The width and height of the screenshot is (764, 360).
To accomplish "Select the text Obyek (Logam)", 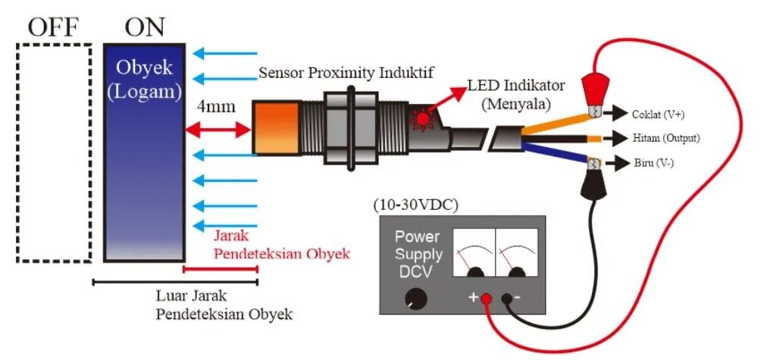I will tap(145, 80).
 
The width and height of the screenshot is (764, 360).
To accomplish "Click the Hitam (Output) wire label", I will tap(665, 139).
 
